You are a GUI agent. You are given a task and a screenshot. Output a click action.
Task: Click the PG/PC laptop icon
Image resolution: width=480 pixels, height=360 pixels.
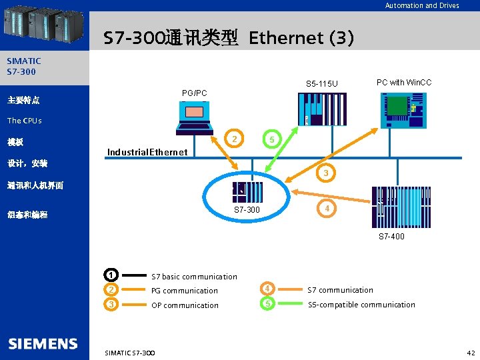[193, 120]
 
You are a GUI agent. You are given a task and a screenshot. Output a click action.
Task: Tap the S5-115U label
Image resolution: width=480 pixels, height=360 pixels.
[322, 83]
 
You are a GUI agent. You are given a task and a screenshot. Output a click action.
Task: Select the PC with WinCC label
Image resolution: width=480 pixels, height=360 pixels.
[404, 83]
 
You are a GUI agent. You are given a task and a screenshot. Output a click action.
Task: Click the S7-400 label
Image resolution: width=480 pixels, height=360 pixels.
[391, 236]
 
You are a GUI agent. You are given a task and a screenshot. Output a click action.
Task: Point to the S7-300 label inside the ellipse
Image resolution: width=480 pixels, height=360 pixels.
[247, 210]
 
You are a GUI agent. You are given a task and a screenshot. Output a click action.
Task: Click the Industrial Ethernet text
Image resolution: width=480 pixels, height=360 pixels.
[147, 152]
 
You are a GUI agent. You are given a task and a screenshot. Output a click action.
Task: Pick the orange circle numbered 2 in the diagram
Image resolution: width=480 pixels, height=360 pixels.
[234, 139]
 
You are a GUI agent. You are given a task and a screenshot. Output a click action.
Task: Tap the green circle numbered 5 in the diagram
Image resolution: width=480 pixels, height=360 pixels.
[270, 139]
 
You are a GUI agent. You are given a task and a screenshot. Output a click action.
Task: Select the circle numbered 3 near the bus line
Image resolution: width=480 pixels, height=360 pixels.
[325, 173]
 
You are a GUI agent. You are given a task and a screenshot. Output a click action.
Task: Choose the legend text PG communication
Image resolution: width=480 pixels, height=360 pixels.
[185, 291]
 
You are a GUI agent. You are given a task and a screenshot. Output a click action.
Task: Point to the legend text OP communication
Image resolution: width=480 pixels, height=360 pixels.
[185, 305]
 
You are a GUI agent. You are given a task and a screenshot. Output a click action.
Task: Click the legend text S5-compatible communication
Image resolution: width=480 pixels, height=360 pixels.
[361, 305]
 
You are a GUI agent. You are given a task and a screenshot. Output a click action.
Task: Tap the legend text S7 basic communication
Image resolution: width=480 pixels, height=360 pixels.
[194, 277]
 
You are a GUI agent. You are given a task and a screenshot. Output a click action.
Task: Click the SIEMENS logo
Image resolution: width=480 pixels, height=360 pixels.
[43, 344]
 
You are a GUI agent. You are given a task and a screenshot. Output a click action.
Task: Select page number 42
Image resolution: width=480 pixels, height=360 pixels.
[471, 352]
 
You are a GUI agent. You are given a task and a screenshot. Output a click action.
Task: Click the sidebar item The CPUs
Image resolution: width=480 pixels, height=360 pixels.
[24, 121]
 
